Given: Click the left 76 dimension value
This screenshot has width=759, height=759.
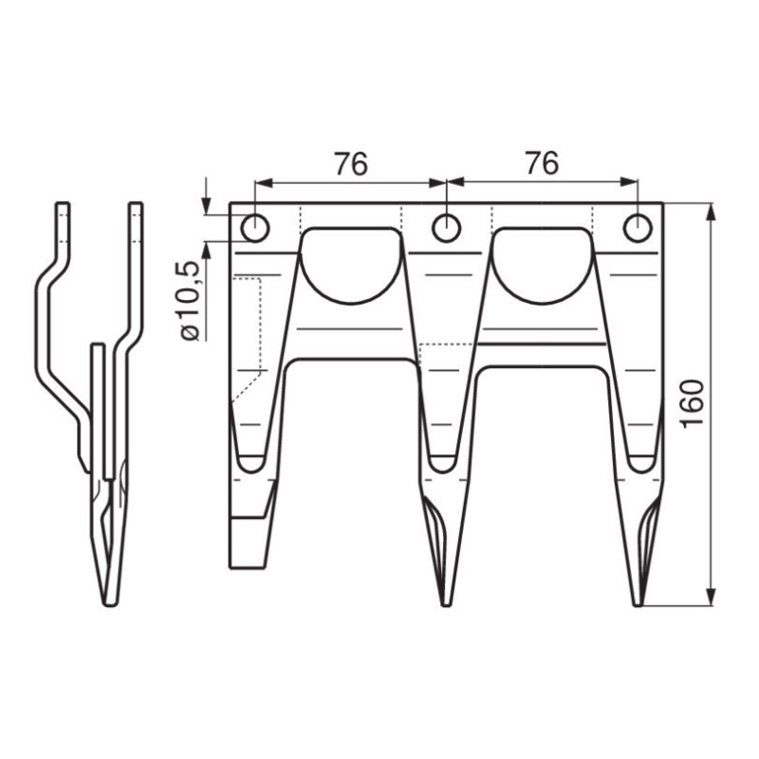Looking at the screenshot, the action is (351, 163).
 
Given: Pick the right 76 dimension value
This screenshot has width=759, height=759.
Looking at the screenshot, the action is (542, 162).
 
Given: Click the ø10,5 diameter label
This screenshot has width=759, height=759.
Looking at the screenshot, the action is (190, 301).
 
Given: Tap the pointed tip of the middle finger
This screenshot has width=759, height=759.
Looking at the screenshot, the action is (445, 604).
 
